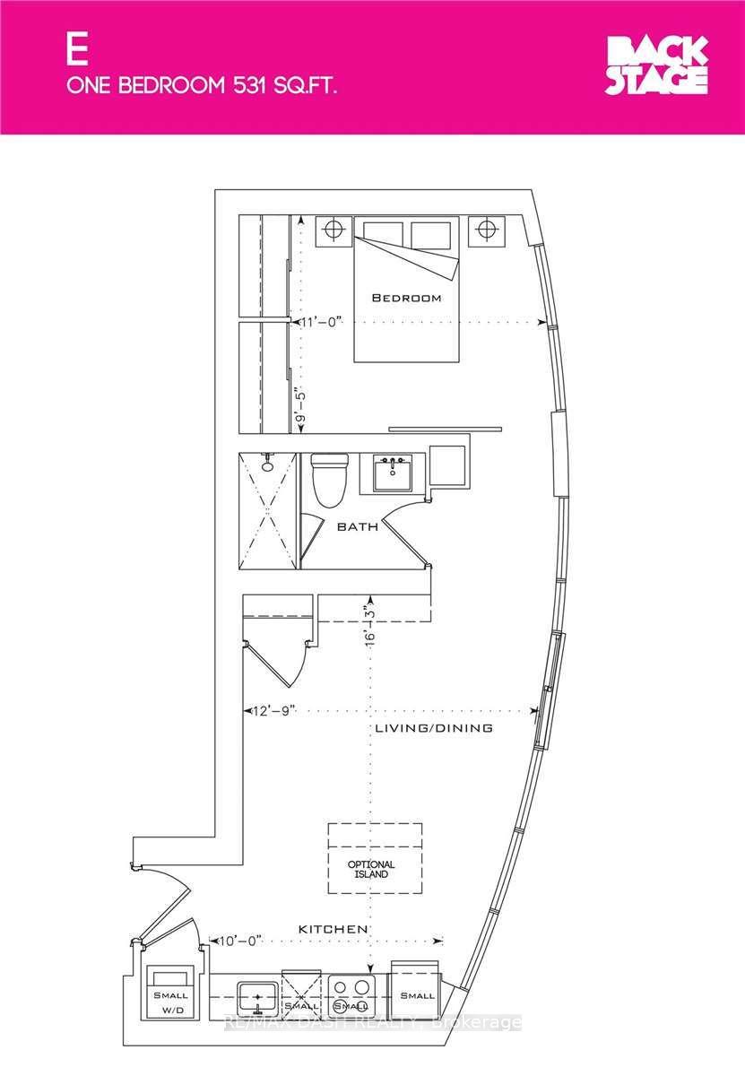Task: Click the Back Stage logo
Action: pyautogui.click(x=657, y=65)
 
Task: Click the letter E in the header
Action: pyautogui.click(x=76, y=50)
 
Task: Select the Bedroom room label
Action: pyautogui.click(x=407, y=298)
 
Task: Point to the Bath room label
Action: pyautogui.click(x=357, y=527)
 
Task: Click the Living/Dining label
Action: pyautogui.click(x=433, y=728)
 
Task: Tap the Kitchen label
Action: pyautogui.click(x=333, y=929)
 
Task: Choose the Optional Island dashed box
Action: pyautogui.click(x=375, y=858)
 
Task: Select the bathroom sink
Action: pyautogui.click(x=392, y=473)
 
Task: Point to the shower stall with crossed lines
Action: pyautogui.click(x=266, y=510)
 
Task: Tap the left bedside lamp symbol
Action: pyautogui.click(x=334, y=230)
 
